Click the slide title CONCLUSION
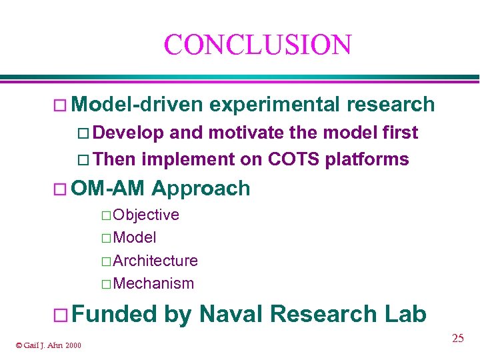[x=257, y=45]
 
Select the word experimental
[x=274, y=105]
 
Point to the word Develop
[x=131, y=133]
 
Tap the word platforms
[x=367, y=159]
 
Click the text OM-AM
[x=108, y=189]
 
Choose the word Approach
[x=201, y=189]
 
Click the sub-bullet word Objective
[x=146, y=215]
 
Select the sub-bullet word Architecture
[x=155, y=261]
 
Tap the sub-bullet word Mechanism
[x=153, y=283]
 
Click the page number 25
[x=457, y=339]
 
